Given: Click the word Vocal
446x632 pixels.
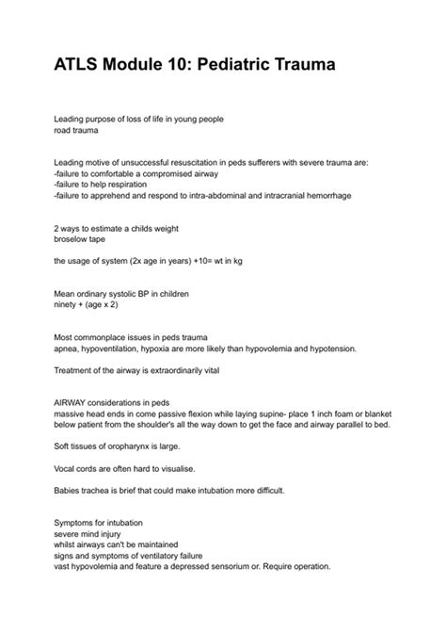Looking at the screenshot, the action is point(68,467).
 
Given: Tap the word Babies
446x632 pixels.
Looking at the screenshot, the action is point(71,490).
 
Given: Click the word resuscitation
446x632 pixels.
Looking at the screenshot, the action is point(190,162).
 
